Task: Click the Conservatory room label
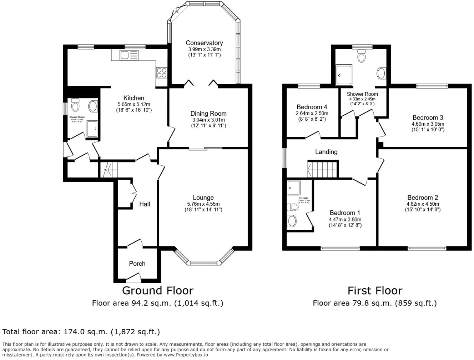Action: [x=204, y=43]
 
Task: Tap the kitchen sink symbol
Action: [x=129, y=55]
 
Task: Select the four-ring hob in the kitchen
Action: [x=161, y=72]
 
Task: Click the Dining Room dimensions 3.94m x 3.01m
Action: [x=208, y=120]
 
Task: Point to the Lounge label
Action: [x=203, y=197]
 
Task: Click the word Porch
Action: [x=137, y=264]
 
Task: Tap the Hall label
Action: [x=145, y=204]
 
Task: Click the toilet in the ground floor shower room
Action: [x=75, y=105]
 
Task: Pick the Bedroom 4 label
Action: [x=312, y=107]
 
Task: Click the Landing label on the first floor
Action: [x=326, y=152]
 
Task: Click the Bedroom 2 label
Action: [x=423, y=197]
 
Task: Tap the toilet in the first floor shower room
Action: [x=362, y=56]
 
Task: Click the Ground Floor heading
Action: [x=157, y=290]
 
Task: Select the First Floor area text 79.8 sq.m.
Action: [x=374, y=303]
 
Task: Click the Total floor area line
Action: [x=81, y=332]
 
